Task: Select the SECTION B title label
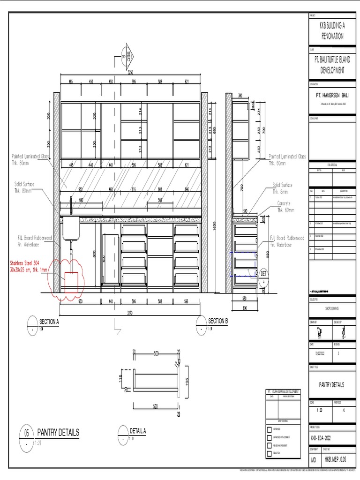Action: (x=217, y=321)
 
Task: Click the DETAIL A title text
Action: (x=138, y=431)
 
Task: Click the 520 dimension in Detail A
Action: (x=156, y=407)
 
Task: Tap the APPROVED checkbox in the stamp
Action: (x=269, y=429)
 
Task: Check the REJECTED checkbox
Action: (x=269, y=453)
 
